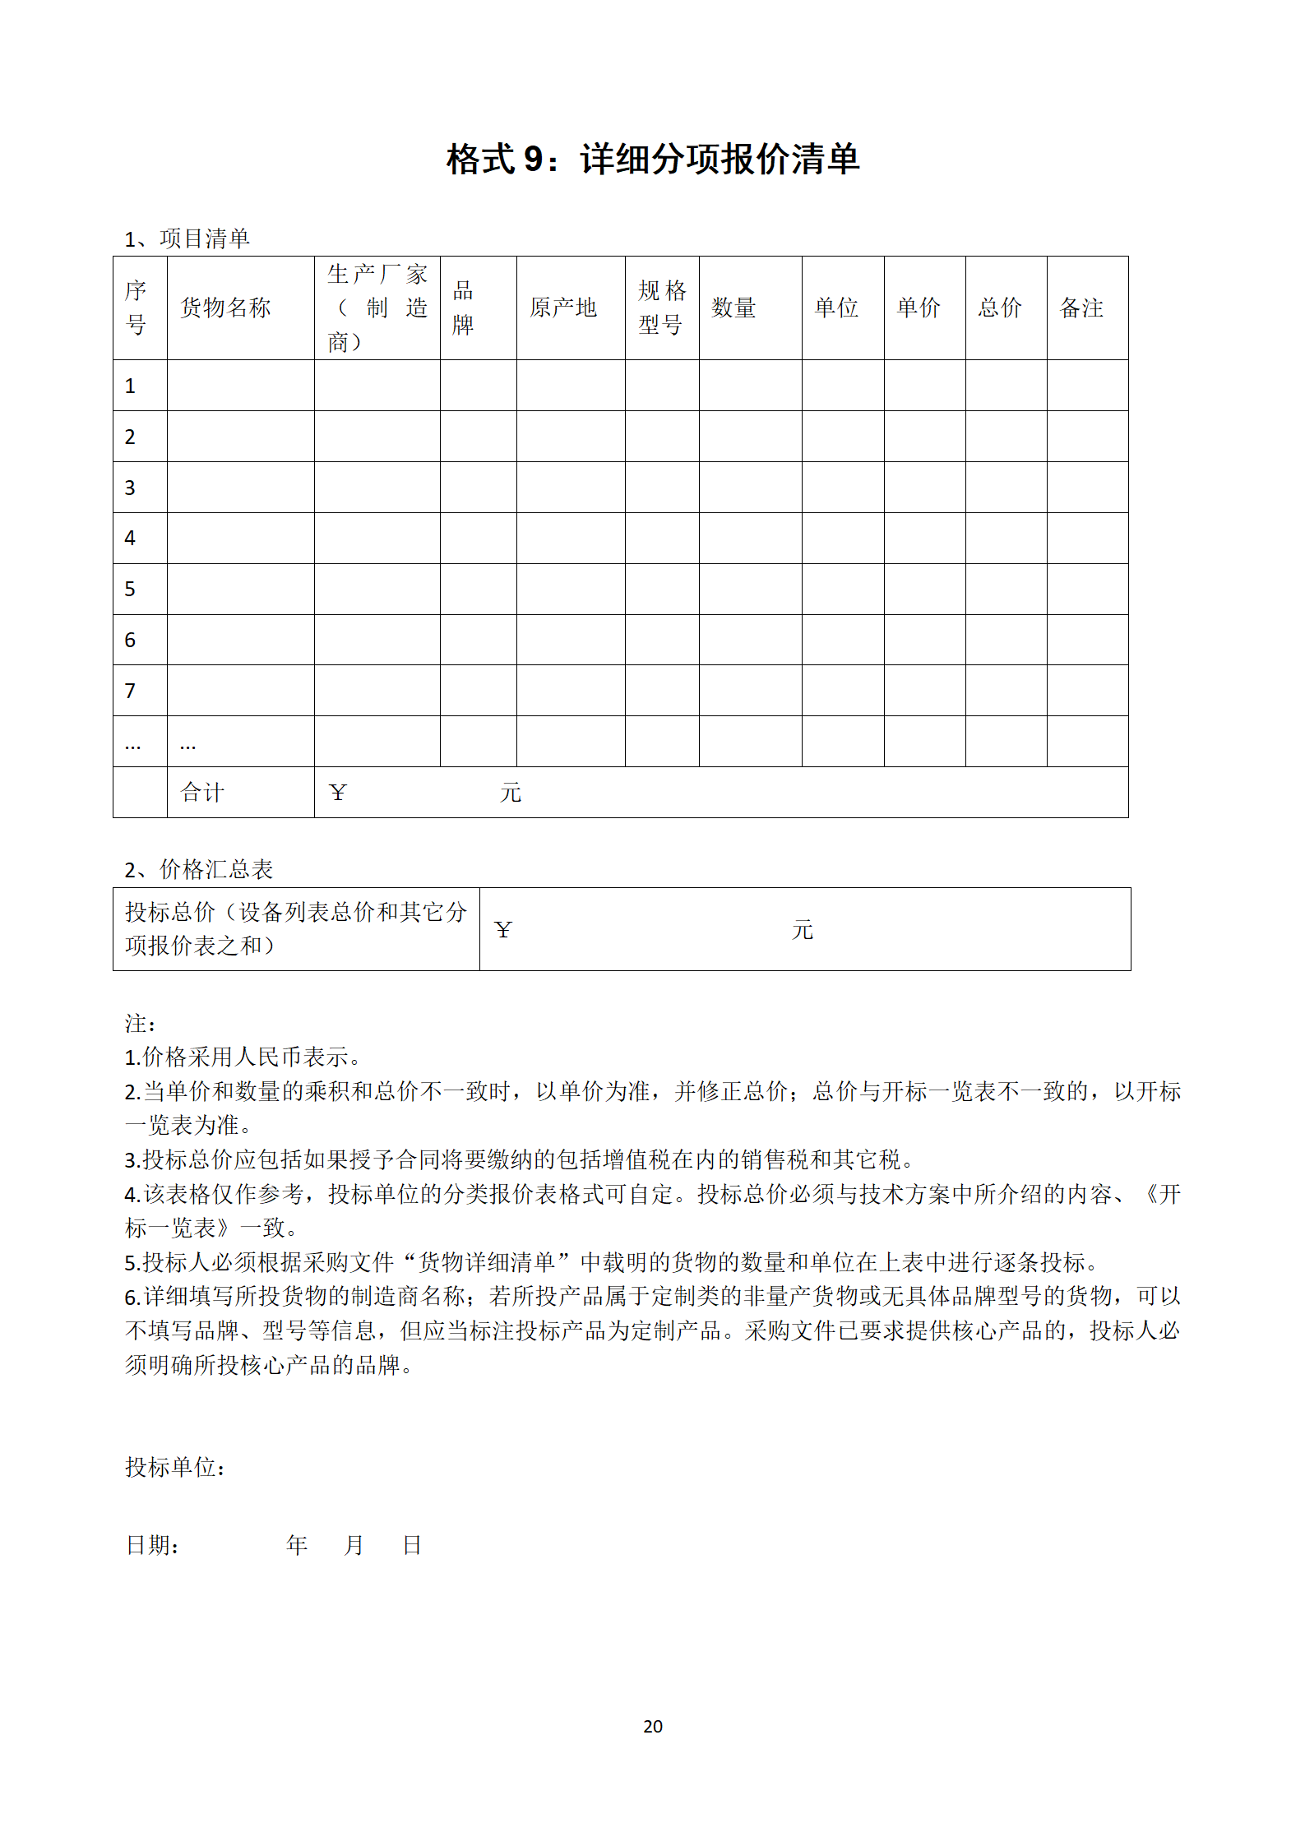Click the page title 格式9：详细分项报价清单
tap(652, 160)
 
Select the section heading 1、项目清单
tap(187, 238)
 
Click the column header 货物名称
tap(225, 308)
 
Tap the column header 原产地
tap(563, 308)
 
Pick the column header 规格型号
tap(661, 308)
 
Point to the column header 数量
tap(733, 308)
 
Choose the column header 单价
tap(918, 308)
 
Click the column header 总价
tap(999, 308)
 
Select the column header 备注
tap(1081, 308)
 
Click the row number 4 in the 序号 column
tap(130, 538)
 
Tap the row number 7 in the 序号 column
tap(130, 691)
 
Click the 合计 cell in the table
tap(202, 792)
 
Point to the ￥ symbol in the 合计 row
tap(337, 792)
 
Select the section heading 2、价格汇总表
tap(198, 869)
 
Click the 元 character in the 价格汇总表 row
tap(802, 930)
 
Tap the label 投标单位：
tap(175, 1468)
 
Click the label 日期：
tap(153, 1545)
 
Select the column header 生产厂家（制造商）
tap(377, 308)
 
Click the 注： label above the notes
tap(140, 1024)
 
